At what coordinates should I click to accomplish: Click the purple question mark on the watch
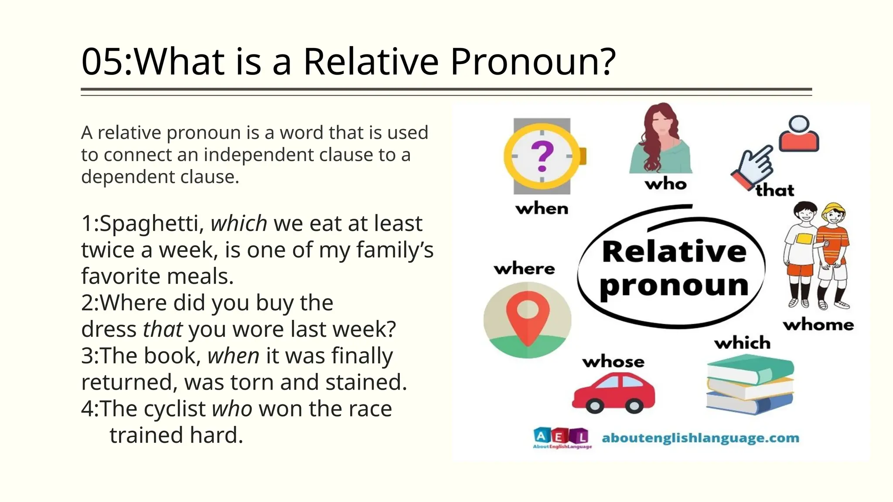[542, 156]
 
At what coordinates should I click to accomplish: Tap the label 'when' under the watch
[542, 209]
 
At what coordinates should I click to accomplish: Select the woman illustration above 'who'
[660, 139]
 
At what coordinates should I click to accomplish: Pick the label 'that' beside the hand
[775, 190]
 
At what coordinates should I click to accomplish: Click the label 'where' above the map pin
[524, 268]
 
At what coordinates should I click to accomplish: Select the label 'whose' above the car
[613, 362]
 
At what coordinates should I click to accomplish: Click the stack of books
[750, 384]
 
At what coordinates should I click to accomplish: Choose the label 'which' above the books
[742, 343]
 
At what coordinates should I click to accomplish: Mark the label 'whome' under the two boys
[818, 325]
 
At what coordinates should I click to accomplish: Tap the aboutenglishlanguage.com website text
[700, 438]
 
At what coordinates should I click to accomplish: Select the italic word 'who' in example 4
[232, 409]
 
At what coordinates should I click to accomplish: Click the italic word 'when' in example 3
[233, 356]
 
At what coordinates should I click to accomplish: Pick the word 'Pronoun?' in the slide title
[533, 61]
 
